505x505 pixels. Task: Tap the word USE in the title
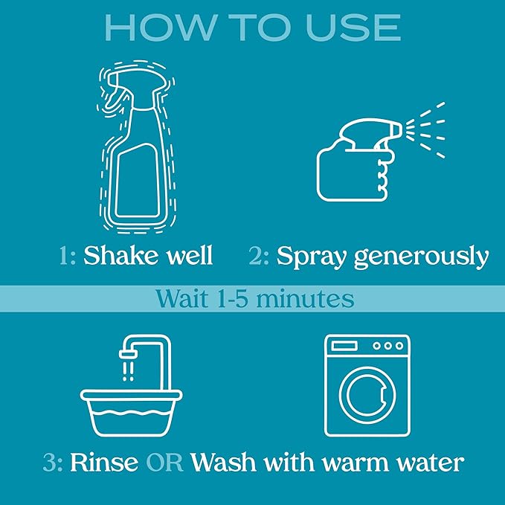pos(353,28)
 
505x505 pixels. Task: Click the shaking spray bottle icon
pos(137,147)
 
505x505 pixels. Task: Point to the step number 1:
pos(68,256)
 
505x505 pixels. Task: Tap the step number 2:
pos(259,256)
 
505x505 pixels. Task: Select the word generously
pos(421,257)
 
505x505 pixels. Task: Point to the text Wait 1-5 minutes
pos(255,298)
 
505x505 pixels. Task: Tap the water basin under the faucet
pos(132,413)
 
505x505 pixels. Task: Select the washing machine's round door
pos(367,396)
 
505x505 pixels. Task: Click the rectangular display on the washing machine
pos(344,347)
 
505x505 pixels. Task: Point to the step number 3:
pos(53,463)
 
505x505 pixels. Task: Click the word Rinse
pos(104,463)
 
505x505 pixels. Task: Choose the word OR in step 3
pos(164,463)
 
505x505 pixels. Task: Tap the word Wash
pos(223,463)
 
